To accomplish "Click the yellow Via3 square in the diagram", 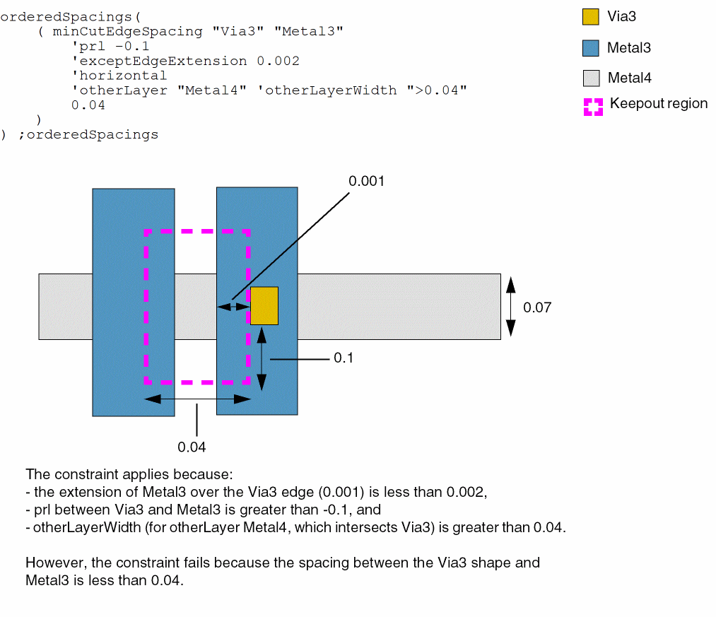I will coord(264,305).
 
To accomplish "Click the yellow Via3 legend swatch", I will coord(591,17).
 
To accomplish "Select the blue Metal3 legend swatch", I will coord(591,48).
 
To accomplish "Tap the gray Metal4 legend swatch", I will coord(591,78).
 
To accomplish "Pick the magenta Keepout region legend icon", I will coord(593,106).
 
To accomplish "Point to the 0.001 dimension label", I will coord(366,181).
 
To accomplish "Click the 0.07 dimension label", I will coord(536,307).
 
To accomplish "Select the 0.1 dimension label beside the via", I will coord(344,358).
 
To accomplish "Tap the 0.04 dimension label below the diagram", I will coord(192,447).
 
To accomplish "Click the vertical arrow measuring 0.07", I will coord(510,306).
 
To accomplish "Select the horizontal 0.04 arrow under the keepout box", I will coord(197,399).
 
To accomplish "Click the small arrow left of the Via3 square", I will coord(233,306).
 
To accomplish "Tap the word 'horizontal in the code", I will coord(119,76).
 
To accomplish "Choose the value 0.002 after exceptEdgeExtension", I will coord(278,61).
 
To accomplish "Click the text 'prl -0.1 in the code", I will coord(110,46).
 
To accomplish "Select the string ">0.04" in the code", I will coord(437,90).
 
